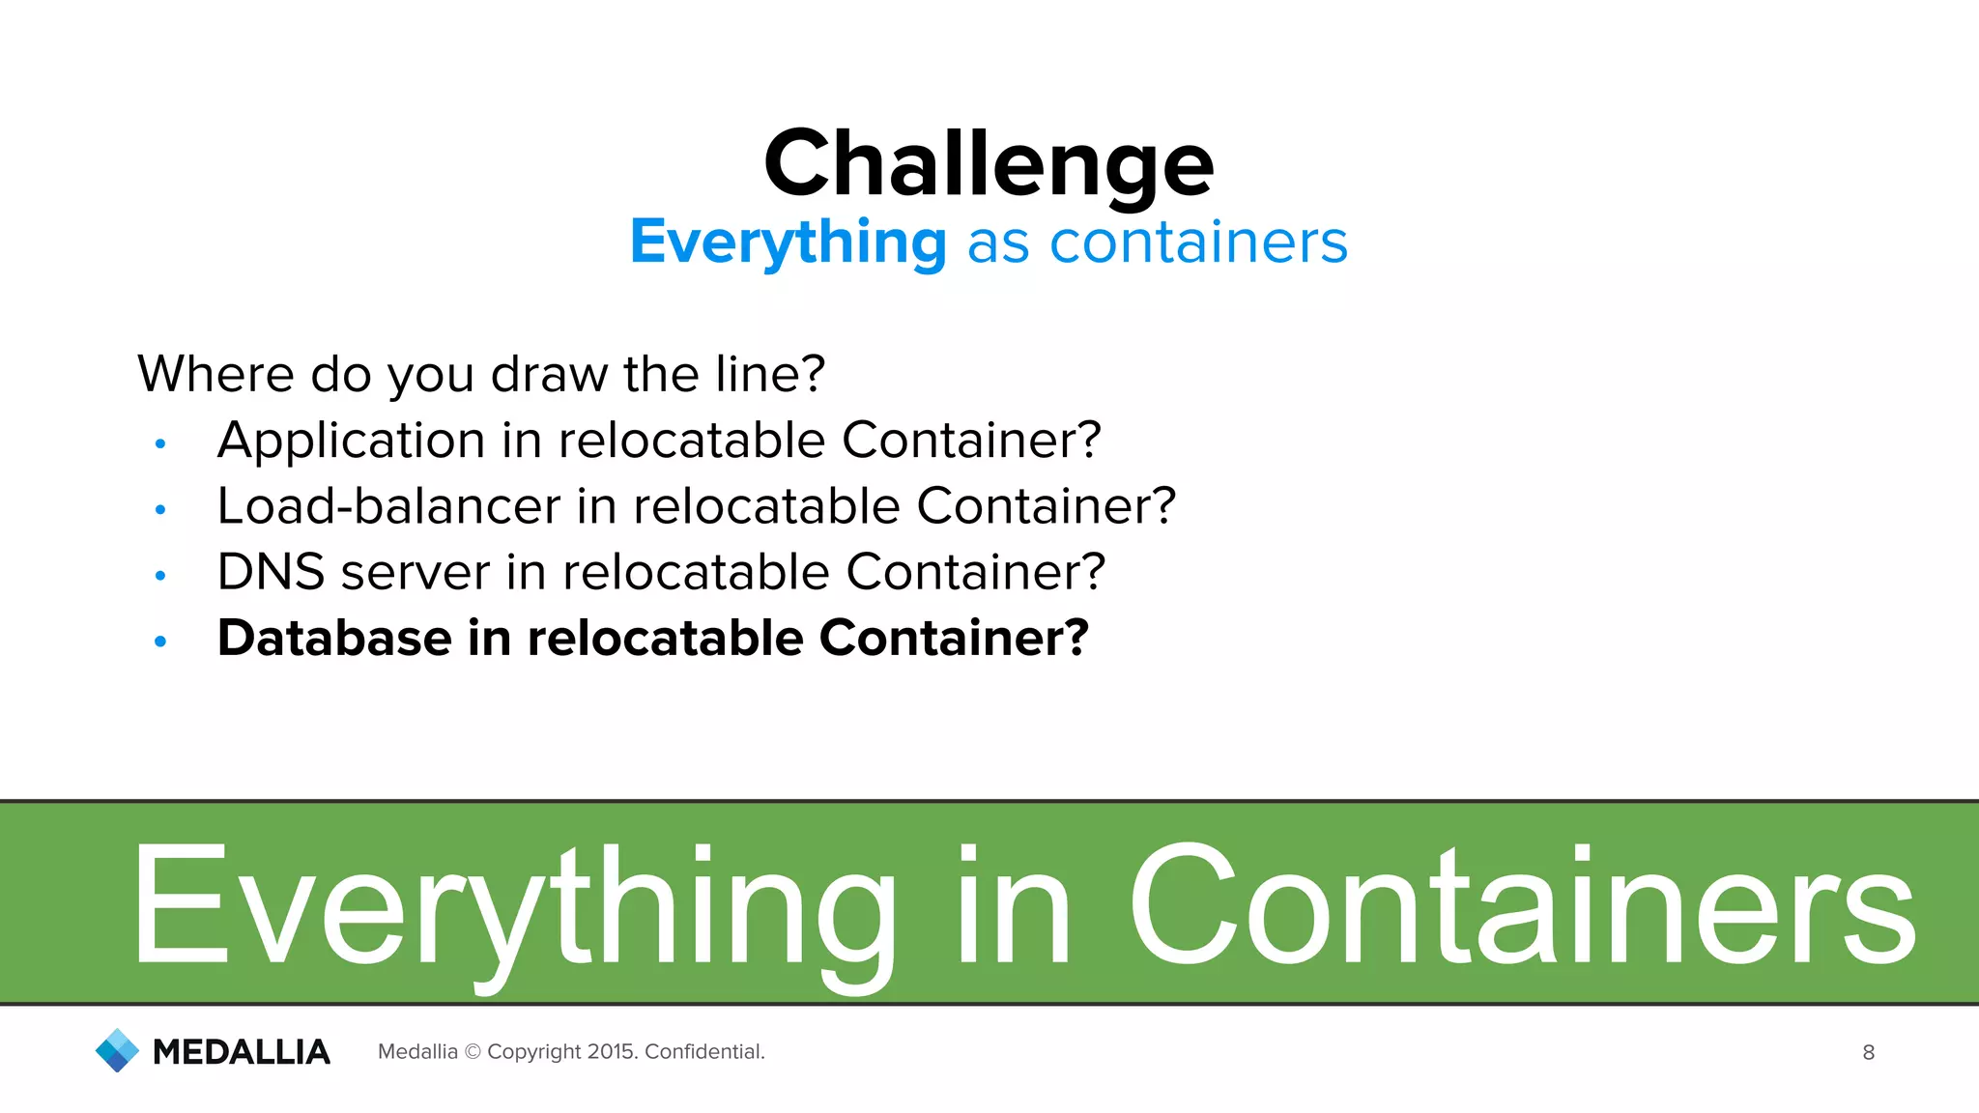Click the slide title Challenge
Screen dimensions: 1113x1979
coord(989,164)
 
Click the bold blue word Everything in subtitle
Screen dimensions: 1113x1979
coord(788,242)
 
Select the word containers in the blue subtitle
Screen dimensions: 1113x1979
coord(1198,242)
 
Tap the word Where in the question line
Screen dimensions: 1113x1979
coord(215,374)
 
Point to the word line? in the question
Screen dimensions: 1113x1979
coord(770,374)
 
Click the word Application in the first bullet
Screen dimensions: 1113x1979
coord(351,442)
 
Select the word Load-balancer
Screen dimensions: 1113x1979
coord(388,506)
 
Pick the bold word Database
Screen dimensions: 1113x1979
coord(334,638)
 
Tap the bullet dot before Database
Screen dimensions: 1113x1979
coord(160,641)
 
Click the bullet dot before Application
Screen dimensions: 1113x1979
coord(160,443)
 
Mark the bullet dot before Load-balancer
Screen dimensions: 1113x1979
coord(160,509)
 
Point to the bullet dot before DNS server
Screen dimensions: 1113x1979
coord(160,575)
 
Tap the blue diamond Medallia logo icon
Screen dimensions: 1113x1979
coord(118,1050)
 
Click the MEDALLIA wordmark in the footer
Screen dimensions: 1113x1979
coord(242,1052)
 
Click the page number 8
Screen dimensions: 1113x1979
coord(1868,1053)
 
